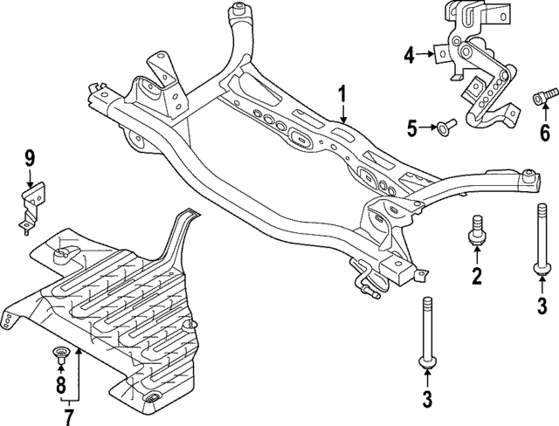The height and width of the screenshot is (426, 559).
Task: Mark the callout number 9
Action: pyautogui.click(x=29, y=159)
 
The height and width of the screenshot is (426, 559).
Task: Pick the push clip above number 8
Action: pyautogui.click(x=60, y=354)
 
